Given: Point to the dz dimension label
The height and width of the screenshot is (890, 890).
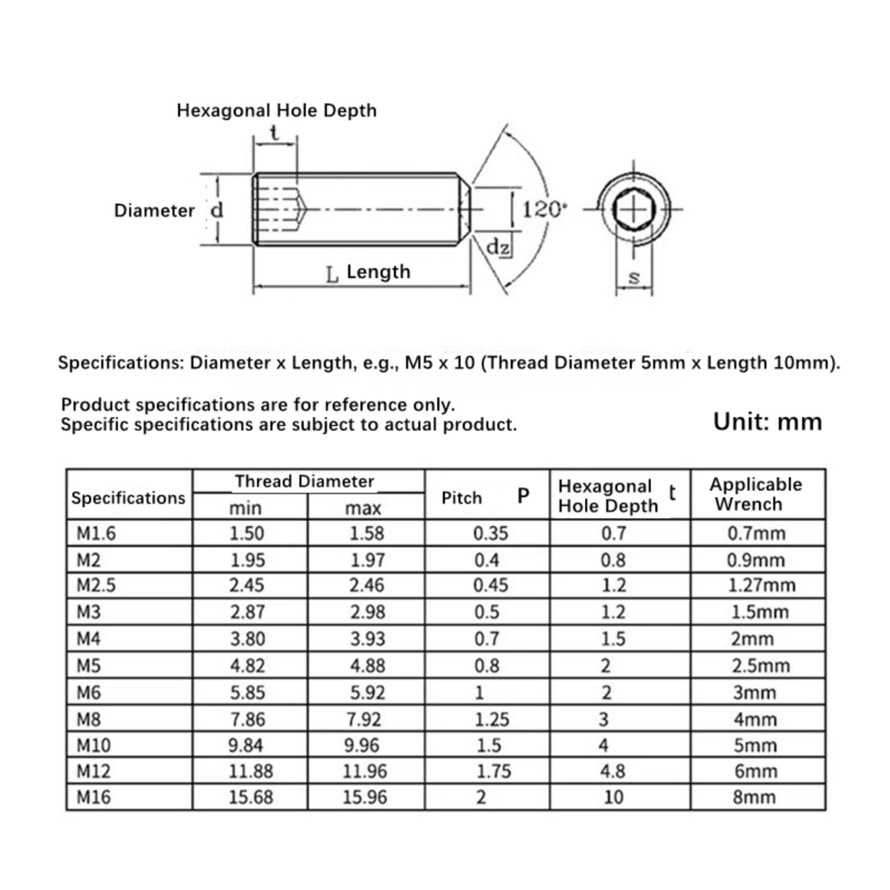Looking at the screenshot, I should [497, 246].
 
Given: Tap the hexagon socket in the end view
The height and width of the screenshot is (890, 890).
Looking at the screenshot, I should [634, 210].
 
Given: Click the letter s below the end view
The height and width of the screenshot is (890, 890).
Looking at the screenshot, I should [634, 277].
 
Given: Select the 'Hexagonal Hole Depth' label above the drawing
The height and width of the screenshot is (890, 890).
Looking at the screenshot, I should [276, 110].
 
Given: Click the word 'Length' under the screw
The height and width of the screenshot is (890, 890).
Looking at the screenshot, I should [378, 272].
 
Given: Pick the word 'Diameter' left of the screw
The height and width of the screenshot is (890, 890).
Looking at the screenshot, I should [154, 210].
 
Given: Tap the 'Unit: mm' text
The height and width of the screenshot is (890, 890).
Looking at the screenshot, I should [767, 422].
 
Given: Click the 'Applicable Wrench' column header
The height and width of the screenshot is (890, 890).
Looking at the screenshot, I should [755, 494].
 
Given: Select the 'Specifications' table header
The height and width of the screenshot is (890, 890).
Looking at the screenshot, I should [128, 498].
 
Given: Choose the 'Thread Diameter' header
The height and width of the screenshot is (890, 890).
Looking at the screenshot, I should [304, 481].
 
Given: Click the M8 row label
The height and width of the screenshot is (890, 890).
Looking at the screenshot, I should [89, 719].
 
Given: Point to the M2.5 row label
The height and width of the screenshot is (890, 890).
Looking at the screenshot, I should [96, 585].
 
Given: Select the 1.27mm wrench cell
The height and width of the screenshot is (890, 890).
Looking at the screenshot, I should [762, 585].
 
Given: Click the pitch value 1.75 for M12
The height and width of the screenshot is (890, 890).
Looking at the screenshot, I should [493, 771].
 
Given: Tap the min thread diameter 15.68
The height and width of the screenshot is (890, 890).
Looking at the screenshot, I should [251, 797].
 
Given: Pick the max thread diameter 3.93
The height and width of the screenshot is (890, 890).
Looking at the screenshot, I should [367, 639].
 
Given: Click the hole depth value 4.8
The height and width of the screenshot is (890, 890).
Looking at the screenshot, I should [613, 771].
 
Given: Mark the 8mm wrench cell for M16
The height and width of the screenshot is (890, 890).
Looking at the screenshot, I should [754, 797].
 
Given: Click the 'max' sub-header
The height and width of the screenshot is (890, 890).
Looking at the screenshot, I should [363, 508].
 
